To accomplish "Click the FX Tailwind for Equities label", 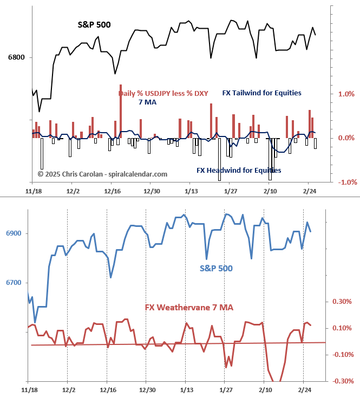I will point(261,93).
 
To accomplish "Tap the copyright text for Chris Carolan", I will point(102,174).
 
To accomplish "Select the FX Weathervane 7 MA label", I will point(189,308).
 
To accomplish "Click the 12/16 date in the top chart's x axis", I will point(112,191).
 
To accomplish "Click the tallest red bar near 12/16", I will point(120,111).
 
